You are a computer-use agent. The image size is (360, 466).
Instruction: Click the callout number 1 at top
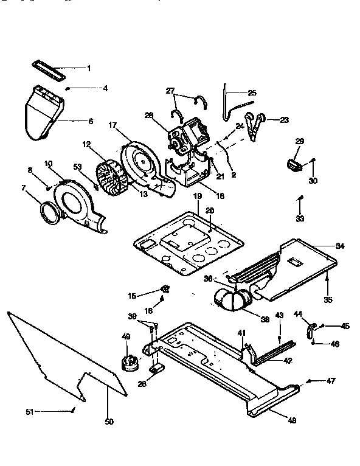point(88,68)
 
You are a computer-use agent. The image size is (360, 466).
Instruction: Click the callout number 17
point(112,125)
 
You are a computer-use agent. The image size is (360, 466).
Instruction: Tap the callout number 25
point(252,93)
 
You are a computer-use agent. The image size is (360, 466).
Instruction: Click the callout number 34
point(339,246)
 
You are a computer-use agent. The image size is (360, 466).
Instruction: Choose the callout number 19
point(196,196)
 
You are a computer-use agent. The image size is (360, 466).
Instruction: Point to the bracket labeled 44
point(311,330)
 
